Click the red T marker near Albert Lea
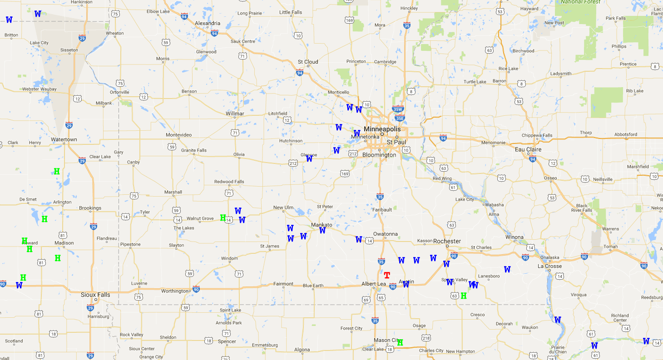click(x=387, y=275)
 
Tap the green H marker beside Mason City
click(x=400, y=342)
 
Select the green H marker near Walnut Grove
click(x=223, y=218)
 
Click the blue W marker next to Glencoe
click(x=309, y=158)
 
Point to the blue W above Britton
click(x=9, y=20)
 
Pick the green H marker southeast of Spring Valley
click(x=464, y=296)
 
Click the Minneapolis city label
click(x=382, y=129)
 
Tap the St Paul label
click(x=396, y=142)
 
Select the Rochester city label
click(x=447, y=241)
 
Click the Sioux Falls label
click(x=95, y=295)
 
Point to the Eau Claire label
click(x=528, y=149)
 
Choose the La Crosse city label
click(x=549, y=266)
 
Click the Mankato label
click(x=322, y=225)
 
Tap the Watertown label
click(x=64, y=139)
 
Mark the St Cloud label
click(x=308, y=62)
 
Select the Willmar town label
click(x=235, y=113)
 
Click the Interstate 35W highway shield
click(x=398, y=109)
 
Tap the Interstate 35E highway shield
click(x=399, y=118)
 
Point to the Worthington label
click(x=174, y=291)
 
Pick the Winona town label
click(x=514, y=237)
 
